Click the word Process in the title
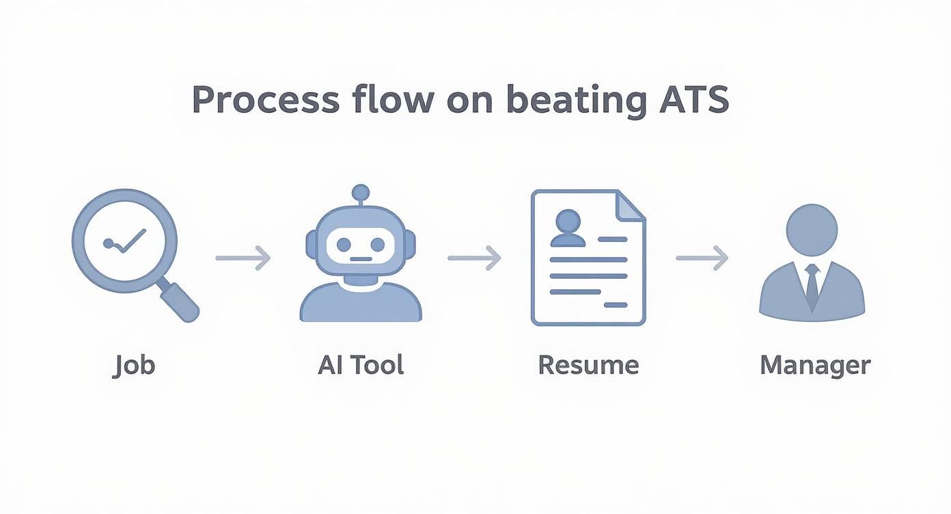click(265, 100)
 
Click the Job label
click(134, 365)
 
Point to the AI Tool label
click(361, 364)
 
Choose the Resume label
click(588, 365)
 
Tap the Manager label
click(815, 366)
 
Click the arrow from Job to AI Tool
click(243, 258)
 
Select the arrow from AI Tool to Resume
click(474, 258)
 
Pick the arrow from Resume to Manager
click(702, 258)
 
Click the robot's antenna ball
click(360, 192)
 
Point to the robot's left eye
click(343, 244)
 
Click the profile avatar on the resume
click(568, 228)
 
